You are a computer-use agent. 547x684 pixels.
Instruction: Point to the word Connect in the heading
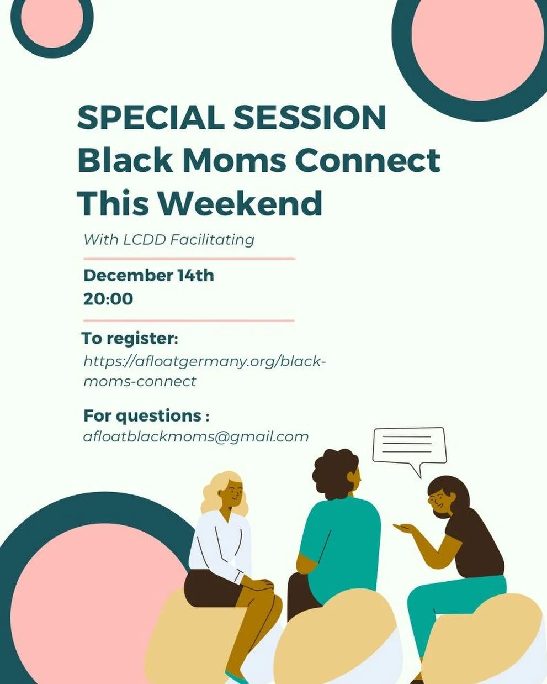point(368,161)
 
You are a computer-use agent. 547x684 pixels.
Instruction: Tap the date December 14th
point(148,275)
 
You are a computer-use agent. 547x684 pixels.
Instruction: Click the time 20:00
point(108,299)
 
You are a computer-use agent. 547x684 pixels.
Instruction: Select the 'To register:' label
point(130,338)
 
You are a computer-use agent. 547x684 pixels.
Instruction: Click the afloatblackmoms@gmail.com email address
point(196,436)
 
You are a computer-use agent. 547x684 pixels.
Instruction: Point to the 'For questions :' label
point(146,415)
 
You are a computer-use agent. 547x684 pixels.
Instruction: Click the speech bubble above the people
point(408,445)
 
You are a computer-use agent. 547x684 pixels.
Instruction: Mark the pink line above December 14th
point(189,258)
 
